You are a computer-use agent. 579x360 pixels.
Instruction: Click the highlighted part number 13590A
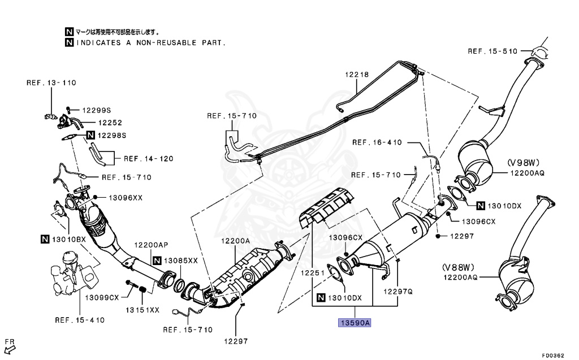(x=355, y=323)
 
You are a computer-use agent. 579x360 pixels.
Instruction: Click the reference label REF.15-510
(x=492, y=51)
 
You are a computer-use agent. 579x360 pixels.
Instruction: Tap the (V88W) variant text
(x=458, y=266)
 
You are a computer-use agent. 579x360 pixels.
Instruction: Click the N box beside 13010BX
(x=45, y=240)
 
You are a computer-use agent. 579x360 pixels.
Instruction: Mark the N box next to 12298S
(x=89, y=135)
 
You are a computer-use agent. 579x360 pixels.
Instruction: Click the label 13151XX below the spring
(x=142, y=310)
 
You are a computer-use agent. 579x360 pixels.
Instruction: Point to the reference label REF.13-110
(x=51, y=83)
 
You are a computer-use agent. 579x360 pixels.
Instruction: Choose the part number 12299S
(x=97, y=110)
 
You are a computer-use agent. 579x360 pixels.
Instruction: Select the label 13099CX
(x=102, y=297)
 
